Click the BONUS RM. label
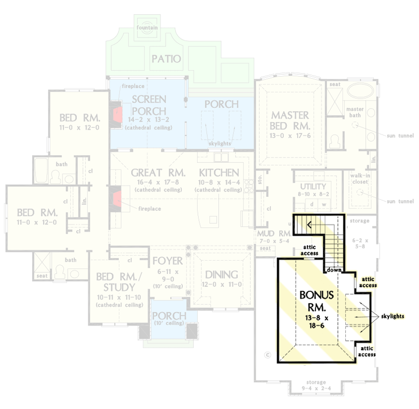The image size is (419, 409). (x=317, y=301)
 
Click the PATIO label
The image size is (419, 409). (x=166, y=59)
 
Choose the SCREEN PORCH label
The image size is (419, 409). (x=149, y=104)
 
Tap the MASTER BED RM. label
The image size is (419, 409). (x=290, y=120)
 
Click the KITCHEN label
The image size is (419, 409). (x=219, y=173)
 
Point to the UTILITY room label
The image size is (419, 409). (x=313, y=187)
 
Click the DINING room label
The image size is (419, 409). (x=221, y=275)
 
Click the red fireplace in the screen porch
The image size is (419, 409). (x=117, y=112)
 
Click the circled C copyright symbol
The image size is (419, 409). (x=266, y=354)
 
